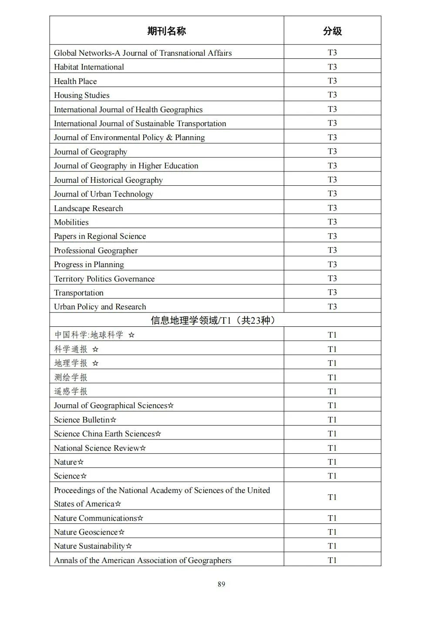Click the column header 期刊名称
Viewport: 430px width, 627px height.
(166, 31)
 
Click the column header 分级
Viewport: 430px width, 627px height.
(332, 31)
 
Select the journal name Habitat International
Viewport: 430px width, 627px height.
(89, 67)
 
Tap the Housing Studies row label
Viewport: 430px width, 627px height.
(81, 95)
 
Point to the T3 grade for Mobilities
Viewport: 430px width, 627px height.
(332, 222)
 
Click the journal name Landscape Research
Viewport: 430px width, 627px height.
(88, 208)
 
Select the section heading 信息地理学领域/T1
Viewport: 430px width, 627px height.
(213, 321)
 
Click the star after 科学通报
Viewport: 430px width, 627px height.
(95, 349)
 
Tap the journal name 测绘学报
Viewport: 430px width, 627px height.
(71, 377)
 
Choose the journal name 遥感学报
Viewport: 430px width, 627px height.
(71, 392)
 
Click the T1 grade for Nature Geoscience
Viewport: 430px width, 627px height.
(332, 532)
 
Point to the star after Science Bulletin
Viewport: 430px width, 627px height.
(114, 420)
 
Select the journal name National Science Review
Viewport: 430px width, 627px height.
(97, 448)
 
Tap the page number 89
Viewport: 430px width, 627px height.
(221, 584)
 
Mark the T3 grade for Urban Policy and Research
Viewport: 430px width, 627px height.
(332, 306)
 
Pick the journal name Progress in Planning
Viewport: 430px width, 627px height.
(89, 265)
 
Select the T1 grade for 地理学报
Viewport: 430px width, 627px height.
(332, 363)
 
